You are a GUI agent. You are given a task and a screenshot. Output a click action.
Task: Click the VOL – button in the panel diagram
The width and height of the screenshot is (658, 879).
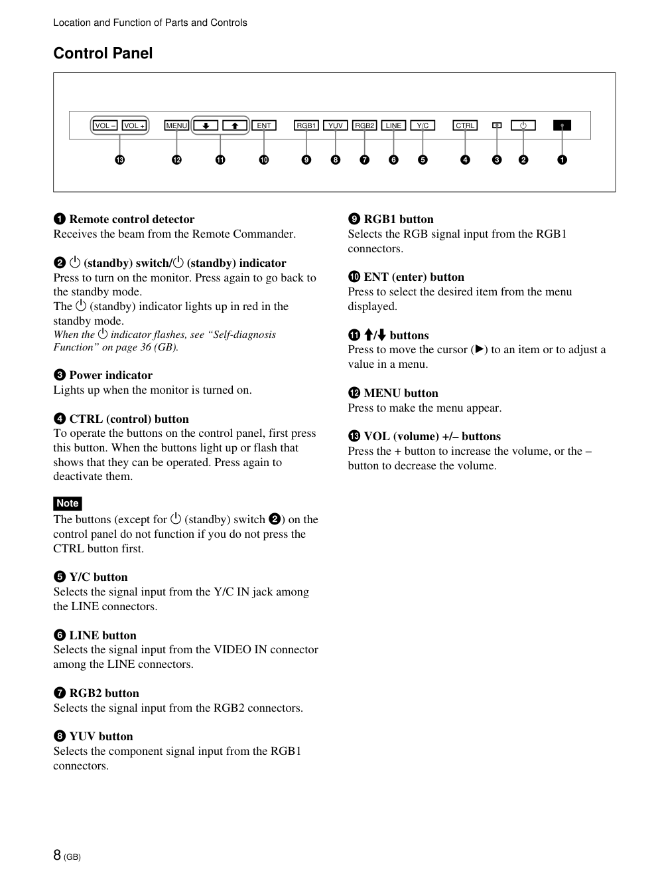(105, 125)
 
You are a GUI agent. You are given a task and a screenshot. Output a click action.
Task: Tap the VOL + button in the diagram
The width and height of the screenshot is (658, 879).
(135, 125)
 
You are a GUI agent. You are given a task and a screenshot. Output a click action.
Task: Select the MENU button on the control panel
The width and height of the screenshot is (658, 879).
(176, 125)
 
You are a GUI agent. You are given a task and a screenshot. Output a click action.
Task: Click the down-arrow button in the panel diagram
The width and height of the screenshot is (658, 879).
(206, 125)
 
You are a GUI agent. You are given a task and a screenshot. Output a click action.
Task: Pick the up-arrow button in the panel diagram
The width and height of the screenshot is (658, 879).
(235, 125)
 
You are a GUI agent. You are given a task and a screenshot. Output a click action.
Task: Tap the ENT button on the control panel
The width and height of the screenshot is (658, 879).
(264, 125)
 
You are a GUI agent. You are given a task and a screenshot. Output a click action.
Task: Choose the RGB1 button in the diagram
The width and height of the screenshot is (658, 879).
(306, 125)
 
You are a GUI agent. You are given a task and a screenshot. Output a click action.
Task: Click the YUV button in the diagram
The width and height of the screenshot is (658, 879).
(336, 125)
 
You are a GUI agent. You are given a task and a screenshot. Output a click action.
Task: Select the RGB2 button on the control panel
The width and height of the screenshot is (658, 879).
(365, 125)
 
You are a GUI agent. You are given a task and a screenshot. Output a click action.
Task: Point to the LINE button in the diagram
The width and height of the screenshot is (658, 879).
(394, 125)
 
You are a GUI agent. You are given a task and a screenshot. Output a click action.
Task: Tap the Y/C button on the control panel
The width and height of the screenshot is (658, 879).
(423, 125)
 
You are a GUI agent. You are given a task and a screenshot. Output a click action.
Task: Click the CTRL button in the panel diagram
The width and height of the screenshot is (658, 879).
(465, 125)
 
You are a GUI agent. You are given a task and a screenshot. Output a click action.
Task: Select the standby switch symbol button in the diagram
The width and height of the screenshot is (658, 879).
(523, 125)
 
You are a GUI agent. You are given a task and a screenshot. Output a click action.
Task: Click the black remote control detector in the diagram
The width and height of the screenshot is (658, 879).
(562, 125)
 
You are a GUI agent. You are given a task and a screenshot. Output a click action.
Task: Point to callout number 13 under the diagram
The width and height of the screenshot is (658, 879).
(119, 160)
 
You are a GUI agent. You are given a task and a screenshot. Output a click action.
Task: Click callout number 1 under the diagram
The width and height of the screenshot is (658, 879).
(562, 160)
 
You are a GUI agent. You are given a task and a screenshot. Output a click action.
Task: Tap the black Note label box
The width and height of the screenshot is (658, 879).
(68, 503)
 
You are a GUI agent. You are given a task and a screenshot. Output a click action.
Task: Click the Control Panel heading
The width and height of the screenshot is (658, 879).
(103, 53)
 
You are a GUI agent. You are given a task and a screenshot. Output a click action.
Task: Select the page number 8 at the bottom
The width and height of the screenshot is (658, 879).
(58, 854)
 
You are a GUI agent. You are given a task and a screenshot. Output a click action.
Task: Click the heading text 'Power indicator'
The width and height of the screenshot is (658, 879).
(111, 375)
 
